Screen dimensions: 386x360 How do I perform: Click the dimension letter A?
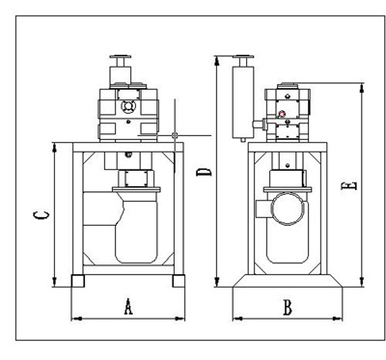click(x=128, y=306)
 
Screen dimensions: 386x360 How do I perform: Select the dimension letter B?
click(x=288, y=307)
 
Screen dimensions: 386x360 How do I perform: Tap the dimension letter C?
click(x=42, y=215)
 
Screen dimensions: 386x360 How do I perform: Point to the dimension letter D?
click(x=204, y=172)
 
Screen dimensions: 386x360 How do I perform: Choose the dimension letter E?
click(x=349, y=186)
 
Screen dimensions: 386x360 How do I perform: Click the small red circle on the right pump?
click(x=282, y=114)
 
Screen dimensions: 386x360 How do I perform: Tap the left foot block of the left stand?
click(x=77, y=281)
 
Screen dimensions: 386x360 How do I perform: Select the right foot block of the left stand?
click(x=179, y=281)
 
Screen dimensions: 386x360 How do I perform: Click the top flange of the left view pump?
click(x=121, y=57)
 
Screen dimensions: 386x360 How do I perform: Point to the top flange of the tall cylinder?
click(x=243, y=57)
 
